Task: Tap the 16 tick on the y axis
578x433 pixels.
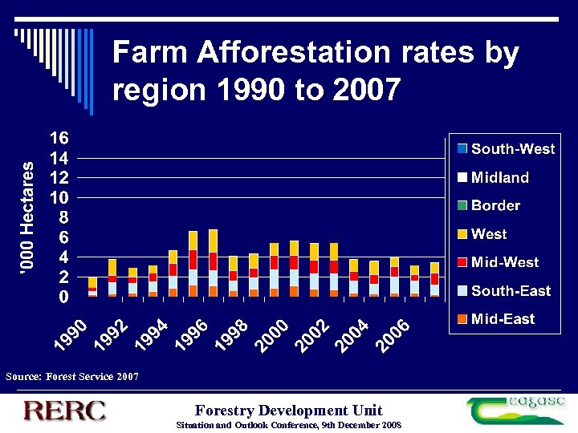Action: tap(59, 138)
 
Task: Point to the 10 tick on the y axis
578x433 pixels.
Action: tap(59, 197)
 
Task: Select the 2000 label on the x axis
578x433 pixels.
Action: tap(272, 334)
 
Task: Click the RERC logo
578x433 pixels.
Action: tap(64, 411)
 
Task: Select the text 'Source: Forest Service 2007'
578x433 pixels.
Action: tap(72, 375)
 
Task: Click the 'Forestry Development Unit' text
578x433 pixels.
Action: tap(289, 410)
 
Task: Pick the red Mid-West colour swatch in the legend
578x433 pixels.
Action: tap(462, 262)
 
